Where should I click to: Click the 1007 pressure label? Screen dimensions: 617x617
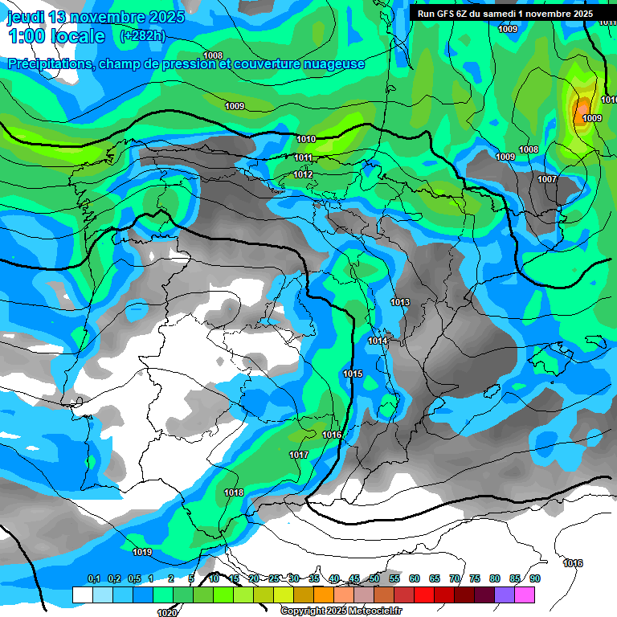coord(547,179)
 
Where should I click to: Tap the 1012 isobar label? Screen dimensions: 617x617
coord(303,174)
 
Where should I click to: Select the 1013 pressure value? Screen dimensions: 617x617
coord(400,302)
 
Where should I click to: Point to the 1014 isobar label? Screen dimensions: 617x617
coord(378,341)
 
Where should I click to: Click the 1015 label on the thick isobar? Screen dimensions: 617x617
coord(352,374)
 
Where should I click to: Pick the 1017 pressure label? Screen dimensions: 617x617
coord(299,455)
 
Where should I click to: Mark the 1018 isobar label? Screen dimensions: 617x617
coord(234,492)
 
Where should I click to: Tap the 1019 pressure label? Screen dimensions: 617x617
coord(142,552)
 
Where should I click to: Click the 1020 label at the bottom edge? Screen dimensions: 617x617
coord(167,613)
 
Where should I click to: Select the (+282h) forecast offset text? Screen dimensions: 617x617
coord(142,35)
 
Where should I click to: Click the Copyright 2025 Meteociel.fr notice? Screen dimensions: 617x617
coord(341,611)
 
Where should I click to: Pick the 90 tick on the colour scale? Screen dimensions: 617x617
coord(534,578)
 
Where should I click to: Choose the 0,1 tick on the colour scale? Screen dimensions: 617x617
coord(93,578)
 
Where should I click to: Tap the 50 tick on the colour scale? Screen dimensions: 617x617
coord(374,578)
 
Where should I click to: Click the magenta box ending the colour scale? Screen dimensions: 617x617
coord(524,595)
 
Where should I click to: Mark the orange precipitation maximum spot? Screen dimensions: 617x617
coord(582,108)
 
